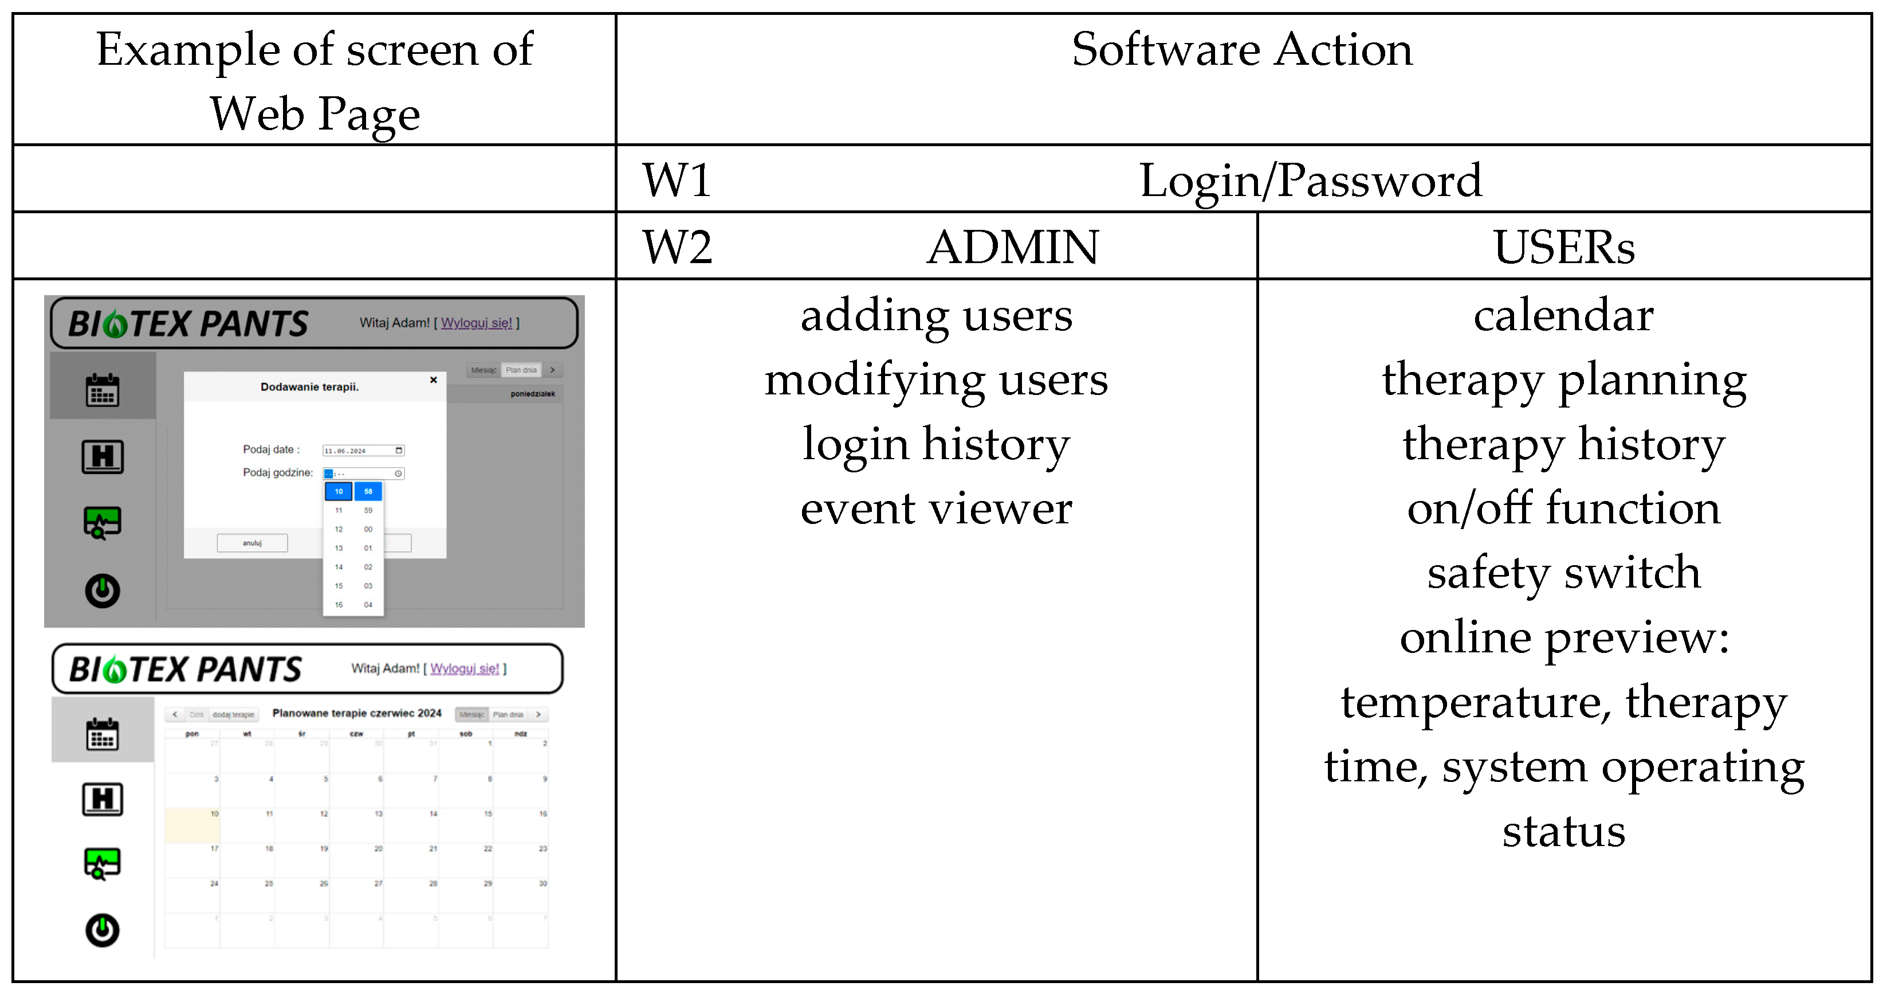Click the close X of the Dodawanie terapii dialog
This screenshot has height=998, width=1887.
pos(434,379)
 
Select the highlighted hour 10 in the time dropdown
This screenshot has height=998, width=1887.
pos(339,491)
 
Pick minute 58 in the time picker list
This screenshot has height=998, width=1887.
pos(368,491)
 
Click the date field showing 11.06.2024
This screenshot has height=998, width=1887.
pos(363,451)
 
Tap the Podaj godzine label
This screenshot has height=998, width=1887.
pos(278,472)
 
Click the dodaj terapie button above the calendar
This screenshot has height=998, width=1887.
pos(233,714)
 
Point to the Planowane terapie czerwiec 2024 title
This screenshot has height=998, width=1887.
pos(357,713)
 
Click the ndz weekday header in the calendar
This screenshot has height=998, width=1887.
pos(520,734)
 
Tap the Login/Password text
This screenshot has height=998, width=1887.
pos(1310,180)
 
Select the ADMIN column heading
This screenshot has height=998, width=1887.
pos(1012,247)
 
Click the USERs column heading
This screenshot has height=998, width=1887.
pos(1564,247)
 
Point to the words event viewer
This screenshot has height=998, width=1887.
pos(936,508)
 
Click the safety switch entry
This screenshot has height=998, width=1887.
pos(1564,572)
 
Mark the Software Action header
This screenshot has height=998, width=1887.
pos(1241,50)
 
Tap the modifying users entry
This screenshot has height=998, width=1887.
pos(936,379)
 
